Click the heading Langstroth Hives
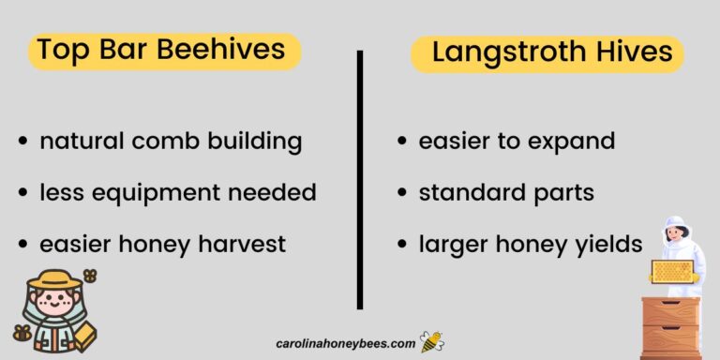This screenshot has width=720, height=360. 552,52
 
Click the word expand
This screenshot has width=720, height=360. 576,142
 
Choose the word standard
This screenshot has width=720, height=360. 469,193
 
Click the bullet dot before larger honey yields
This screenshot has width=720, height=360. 401,245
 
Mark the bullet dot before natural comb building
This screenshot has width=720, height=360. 23,142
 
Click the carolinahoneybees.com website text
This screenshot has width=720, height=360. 346,344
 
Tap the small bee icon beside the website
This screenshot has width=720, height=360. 432,342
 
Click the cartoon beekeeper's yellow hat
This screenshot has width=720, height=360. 54,279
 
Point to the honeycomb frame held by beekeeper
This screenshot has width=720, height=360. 672,271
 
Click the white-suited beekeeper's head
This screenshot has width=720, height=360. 675,230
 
